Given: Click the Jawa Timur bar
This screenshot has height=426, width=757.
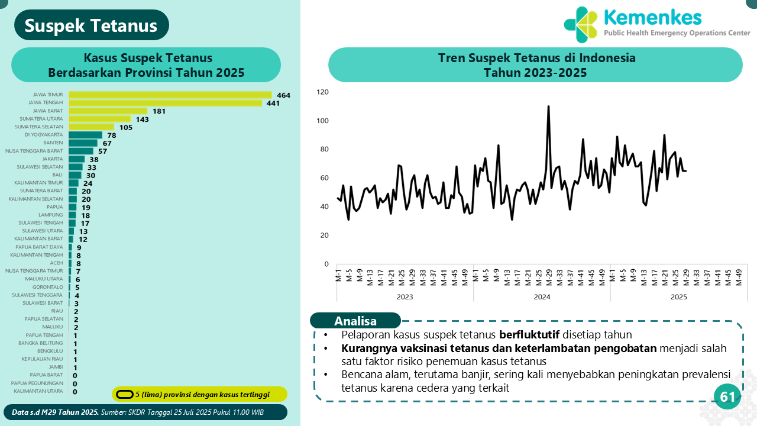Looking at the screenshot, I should coord(170,95).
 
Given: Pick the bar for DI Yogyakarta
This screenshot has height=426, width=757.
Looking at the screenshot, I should coord(85,135).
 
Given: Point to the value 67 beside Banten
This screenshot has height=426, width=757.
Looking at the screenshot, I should coord(107,143).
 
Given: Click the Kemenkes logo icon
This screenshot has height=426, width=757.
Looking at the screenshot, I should coord(581,25).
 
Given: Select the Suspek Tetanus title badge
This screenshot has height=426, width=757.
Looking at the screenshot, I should coord(92,25).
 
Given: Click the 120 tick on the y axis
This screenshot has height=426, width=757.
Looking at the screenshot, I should coord(322,92).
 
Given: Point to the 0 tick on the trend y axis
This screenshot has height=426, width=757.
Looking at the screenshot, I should coord(326,264).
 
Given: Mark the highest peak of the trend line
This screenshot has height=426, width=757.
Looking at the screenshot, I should coord(548,107).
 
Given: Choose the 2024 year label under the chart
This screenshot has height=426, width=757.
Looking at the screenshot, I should coord(542,297).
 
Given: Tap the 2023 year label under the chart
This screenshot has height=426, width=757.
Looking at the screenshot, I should coord(405,297).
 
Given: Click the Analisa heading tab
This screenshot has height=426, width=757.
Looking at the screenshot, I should coord(355,321).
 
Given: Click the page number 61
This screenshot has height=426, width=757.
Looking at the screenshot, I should coord(727,397).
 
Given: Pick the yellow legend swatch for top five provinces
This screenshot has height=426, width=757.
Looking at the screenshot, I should coord(124,395).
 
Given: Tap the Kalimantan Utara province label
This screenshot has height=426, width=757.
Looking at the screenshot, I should coord(38,391).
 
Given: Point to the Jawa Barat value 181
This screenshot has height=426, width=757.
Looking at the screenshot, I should coord(159,111).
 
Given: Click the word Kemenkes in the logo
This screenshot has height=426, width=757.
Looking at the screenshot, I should coord(652,17).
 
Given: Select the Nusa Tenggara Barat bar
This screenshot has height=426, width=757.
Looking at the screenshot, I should coord(81,151).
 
